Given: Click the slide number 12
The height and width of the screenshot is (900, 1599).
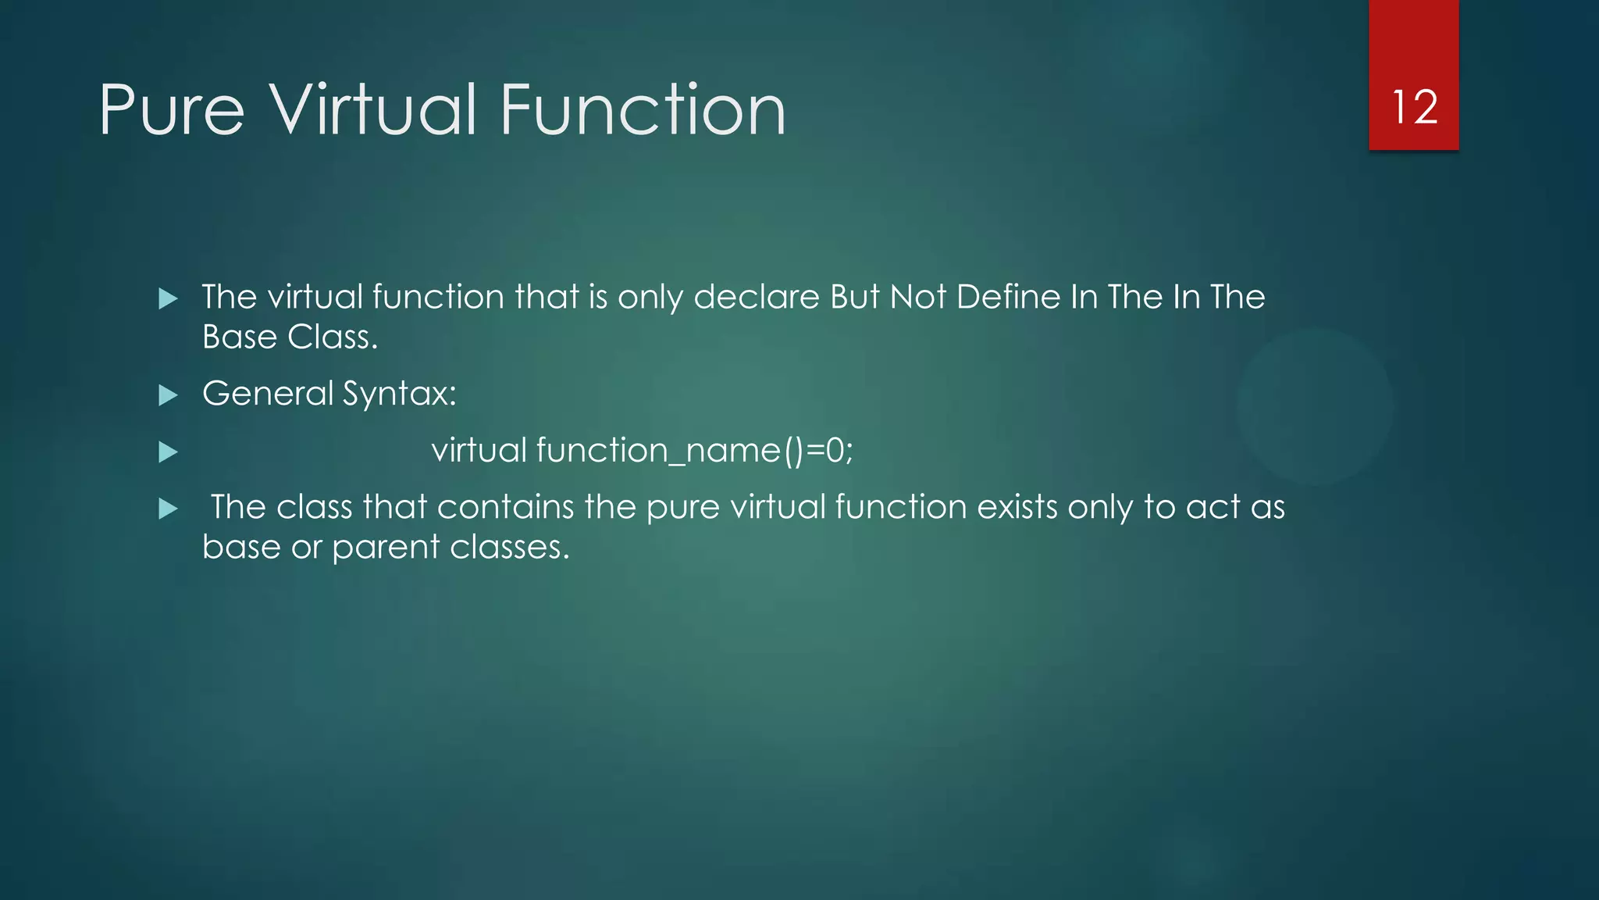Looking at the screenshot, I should coord(1414,107).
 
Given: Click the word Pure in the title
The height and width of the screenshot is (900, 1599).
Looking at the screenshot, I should coord(172,111).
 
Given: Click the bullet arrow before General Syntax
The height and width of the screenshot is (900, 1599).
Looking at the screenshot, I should coord(168,395).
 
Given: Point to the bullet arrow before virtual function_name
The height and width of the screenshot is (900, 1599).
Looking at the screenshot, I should coord(168,452).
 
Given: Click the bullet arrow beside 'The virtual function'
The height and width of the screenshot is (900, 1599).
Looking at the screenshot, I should coord(168,298).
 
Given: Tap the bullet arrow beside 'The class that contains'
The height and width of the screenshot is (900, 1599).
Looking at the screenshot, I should coord(168,509).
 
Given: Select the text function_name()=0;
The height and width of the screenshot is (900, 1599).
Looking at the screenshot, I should coord(695,451).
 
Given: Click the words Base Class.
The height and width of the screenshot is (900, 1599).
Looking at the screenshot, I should coord(290,337).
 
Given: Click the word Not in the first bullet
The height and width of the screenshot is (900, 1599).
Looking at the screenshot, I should coord(918,297).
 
